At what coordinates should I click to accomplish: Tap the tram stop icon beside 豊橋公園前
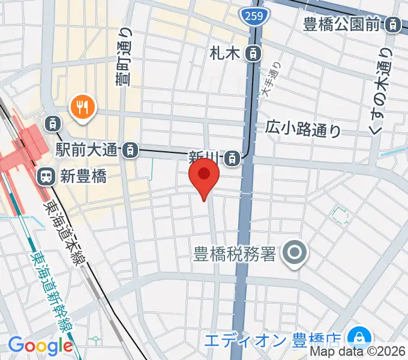tap(392, 25)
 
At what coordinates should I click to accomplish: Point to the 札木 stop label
tap(225, 53)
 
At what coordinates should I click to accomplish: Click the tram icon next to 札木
tap(254, 53)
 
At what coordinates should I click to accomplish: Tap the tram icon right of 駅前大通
tap(129, 151)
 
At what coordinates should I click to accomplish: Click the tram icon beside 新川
tap(232, 158)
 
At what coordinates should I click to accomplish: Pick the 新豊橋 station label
tap(83, 176)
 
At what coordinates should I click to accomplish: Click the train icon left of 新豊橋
tap(45, 176)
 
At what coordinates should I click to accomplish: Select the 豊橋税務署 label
tap(234, 254)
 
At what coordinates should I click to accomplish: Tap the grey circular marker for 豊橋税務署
tap(295, 253)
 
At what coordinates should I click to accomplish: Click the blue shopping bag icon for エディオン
tap(361, 336)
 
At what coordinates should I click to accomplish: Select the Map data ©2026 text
tap(366, 353)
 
